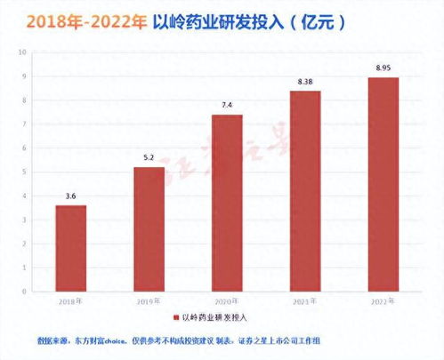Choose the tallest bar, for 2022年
[x=383, y=181]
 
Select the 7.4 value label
[x=227, y=107]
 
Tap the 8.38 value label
[x=305, y=84]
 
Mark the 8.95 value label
[x=383, y=69]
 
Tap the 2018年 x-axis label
[x=70, y=300]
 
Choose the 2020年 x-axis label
[x=227, y=300]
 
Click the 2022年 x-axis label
[x=383, y=300]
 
